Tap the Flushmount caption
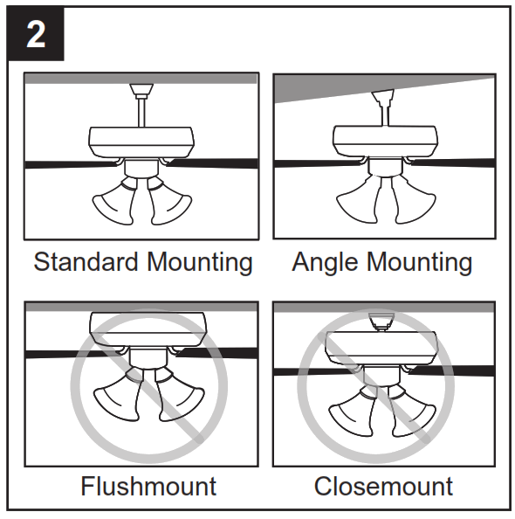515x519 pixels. [x=148, y=485]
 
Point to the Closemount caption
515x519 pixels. [x=383, y=485]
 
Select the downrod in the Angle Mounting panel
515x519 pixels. [x=383, y=113]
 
